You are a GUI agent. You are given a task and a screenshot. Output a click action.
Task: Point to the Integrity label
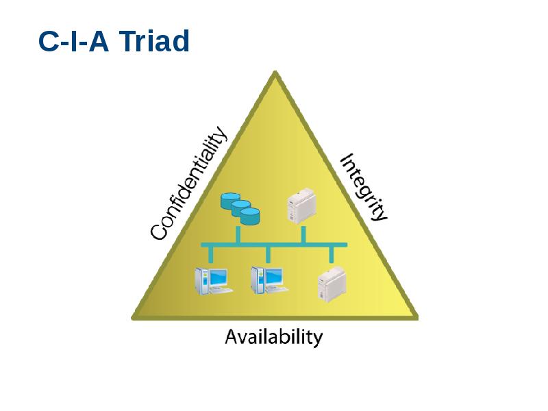364,186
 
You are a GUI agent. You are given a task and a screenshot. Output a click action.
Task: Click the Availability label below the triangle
274,337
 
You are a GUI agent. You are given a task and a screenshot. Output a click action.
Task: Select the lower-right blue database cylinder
250,216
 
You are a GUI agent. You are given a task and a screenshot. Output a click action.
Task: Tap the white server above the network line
301,206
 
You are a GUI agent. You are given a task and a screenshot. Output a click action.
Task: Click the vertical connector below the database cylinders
238,235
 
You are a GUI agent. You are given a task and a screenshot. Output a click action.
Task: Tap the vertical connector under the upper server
303,234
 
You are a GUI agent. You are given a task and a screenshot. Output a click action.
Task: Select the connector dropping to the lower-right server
332,254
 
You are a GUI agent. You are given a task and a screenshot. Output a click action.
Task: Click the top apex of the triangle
275,74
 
